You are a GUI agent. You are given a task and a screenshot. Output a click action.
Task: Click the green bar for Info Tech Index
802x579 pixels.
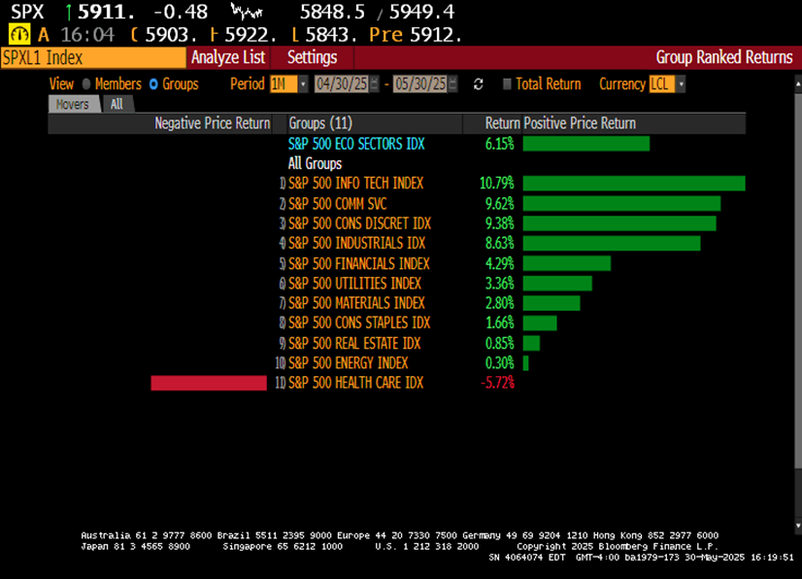click(633, 184)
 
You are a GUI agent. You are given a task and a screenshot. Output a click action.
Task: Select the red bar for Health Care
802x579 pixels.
click(209, 384)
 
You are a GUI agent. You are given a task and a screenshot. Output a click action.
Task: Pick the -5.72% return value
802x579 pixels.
click(497, 384)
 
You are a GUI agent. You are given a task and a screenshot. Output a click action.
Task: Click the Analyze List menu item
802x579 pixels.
click(228, 57)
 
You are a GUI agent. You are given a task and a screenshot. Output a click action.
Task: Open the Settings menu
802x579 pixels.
click(312, 57)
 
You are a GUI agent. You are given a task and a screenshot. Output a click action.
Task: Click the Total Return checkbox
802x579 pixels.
click(507, 85)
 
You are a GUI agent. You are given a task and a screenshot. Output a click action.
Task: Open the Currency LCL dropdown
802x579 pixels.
click(667, 85)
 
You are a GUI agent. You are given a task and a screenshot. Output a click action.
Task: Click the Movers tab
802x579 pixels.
click(74, 104)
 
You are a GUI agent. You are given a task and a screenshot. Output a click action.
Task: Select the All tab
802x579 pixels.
click(117, 104)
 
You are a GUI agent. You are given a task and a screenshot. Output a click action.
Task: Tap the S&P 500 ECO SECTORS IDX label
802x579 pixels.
click(356, 144)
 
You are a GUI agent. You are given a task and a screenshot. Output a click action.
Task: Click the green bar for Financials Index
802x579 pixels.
click(566, 263)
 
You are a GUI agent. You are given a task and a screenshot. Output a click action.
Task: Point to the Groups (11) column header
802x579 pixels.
click(320, 123)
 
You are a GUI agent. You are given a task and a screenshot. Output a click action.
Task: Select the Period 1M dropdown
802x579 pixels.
click(288, 85)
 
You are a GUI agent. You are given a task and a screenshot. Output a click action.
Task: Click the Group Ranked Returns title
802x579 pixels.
click(723, 57)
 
